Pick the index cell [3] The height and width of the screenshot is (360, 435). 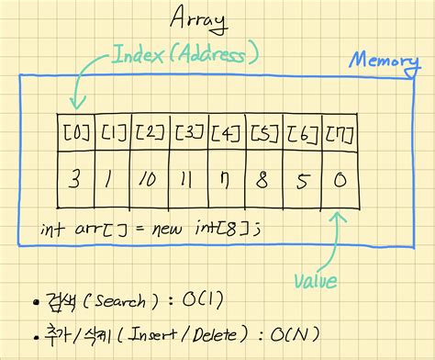(188, 133)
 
